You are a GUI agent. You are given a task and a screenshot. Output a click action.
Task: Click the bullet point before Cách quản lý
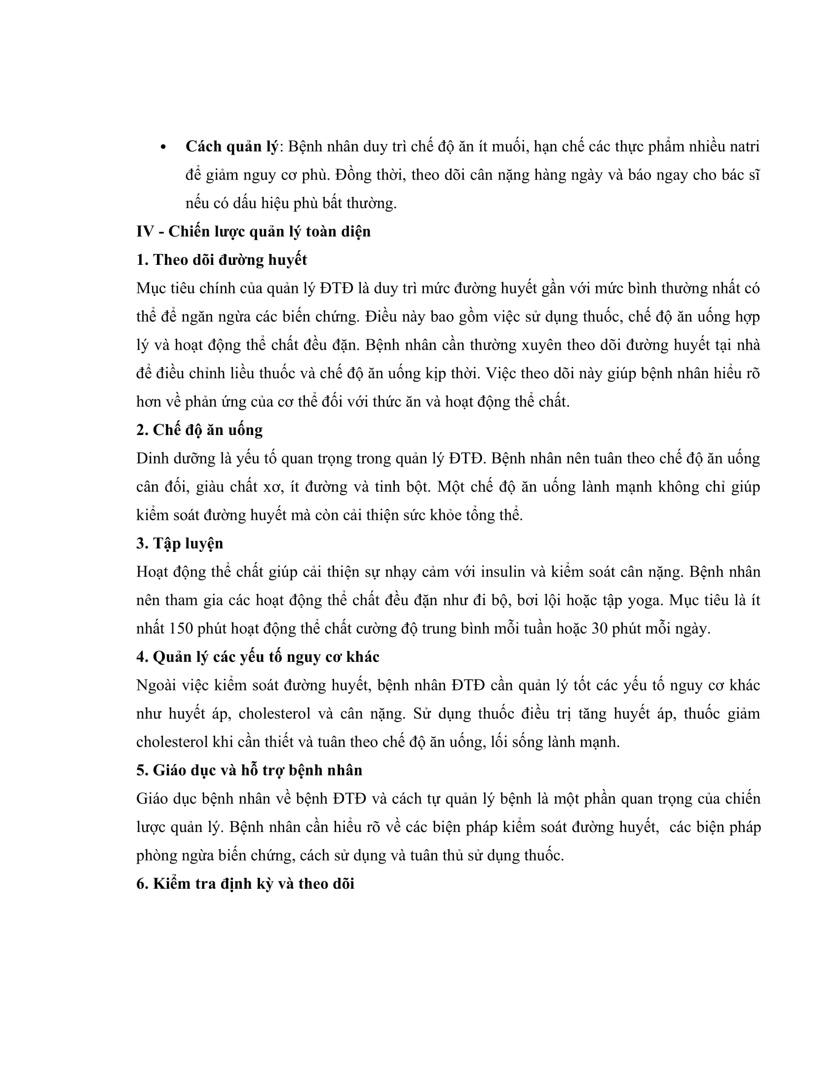pos(163,147)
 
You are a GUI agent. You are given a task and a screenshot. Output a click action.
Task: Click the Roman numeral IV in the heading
pos(145,231)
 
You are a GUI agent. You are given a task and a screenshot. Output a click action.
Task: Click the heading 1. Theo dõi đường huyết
pos(222,260)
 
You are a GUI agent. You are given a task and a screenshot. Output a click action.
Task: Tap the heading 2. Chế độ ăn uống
pos(199,430)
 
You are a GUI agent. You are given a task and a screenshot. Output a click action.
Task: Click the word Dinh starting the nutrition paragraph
pos(152,458)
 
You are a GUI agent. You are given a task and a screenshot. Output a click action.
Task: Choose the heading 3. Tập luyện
pos(180,543)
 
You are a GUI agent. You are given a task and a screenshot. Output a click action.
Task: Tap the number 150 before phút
pos(181,628)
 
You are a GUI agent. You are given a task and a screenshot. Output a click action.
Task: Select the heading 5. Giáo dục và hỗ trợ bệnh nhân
pos(250,770)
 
